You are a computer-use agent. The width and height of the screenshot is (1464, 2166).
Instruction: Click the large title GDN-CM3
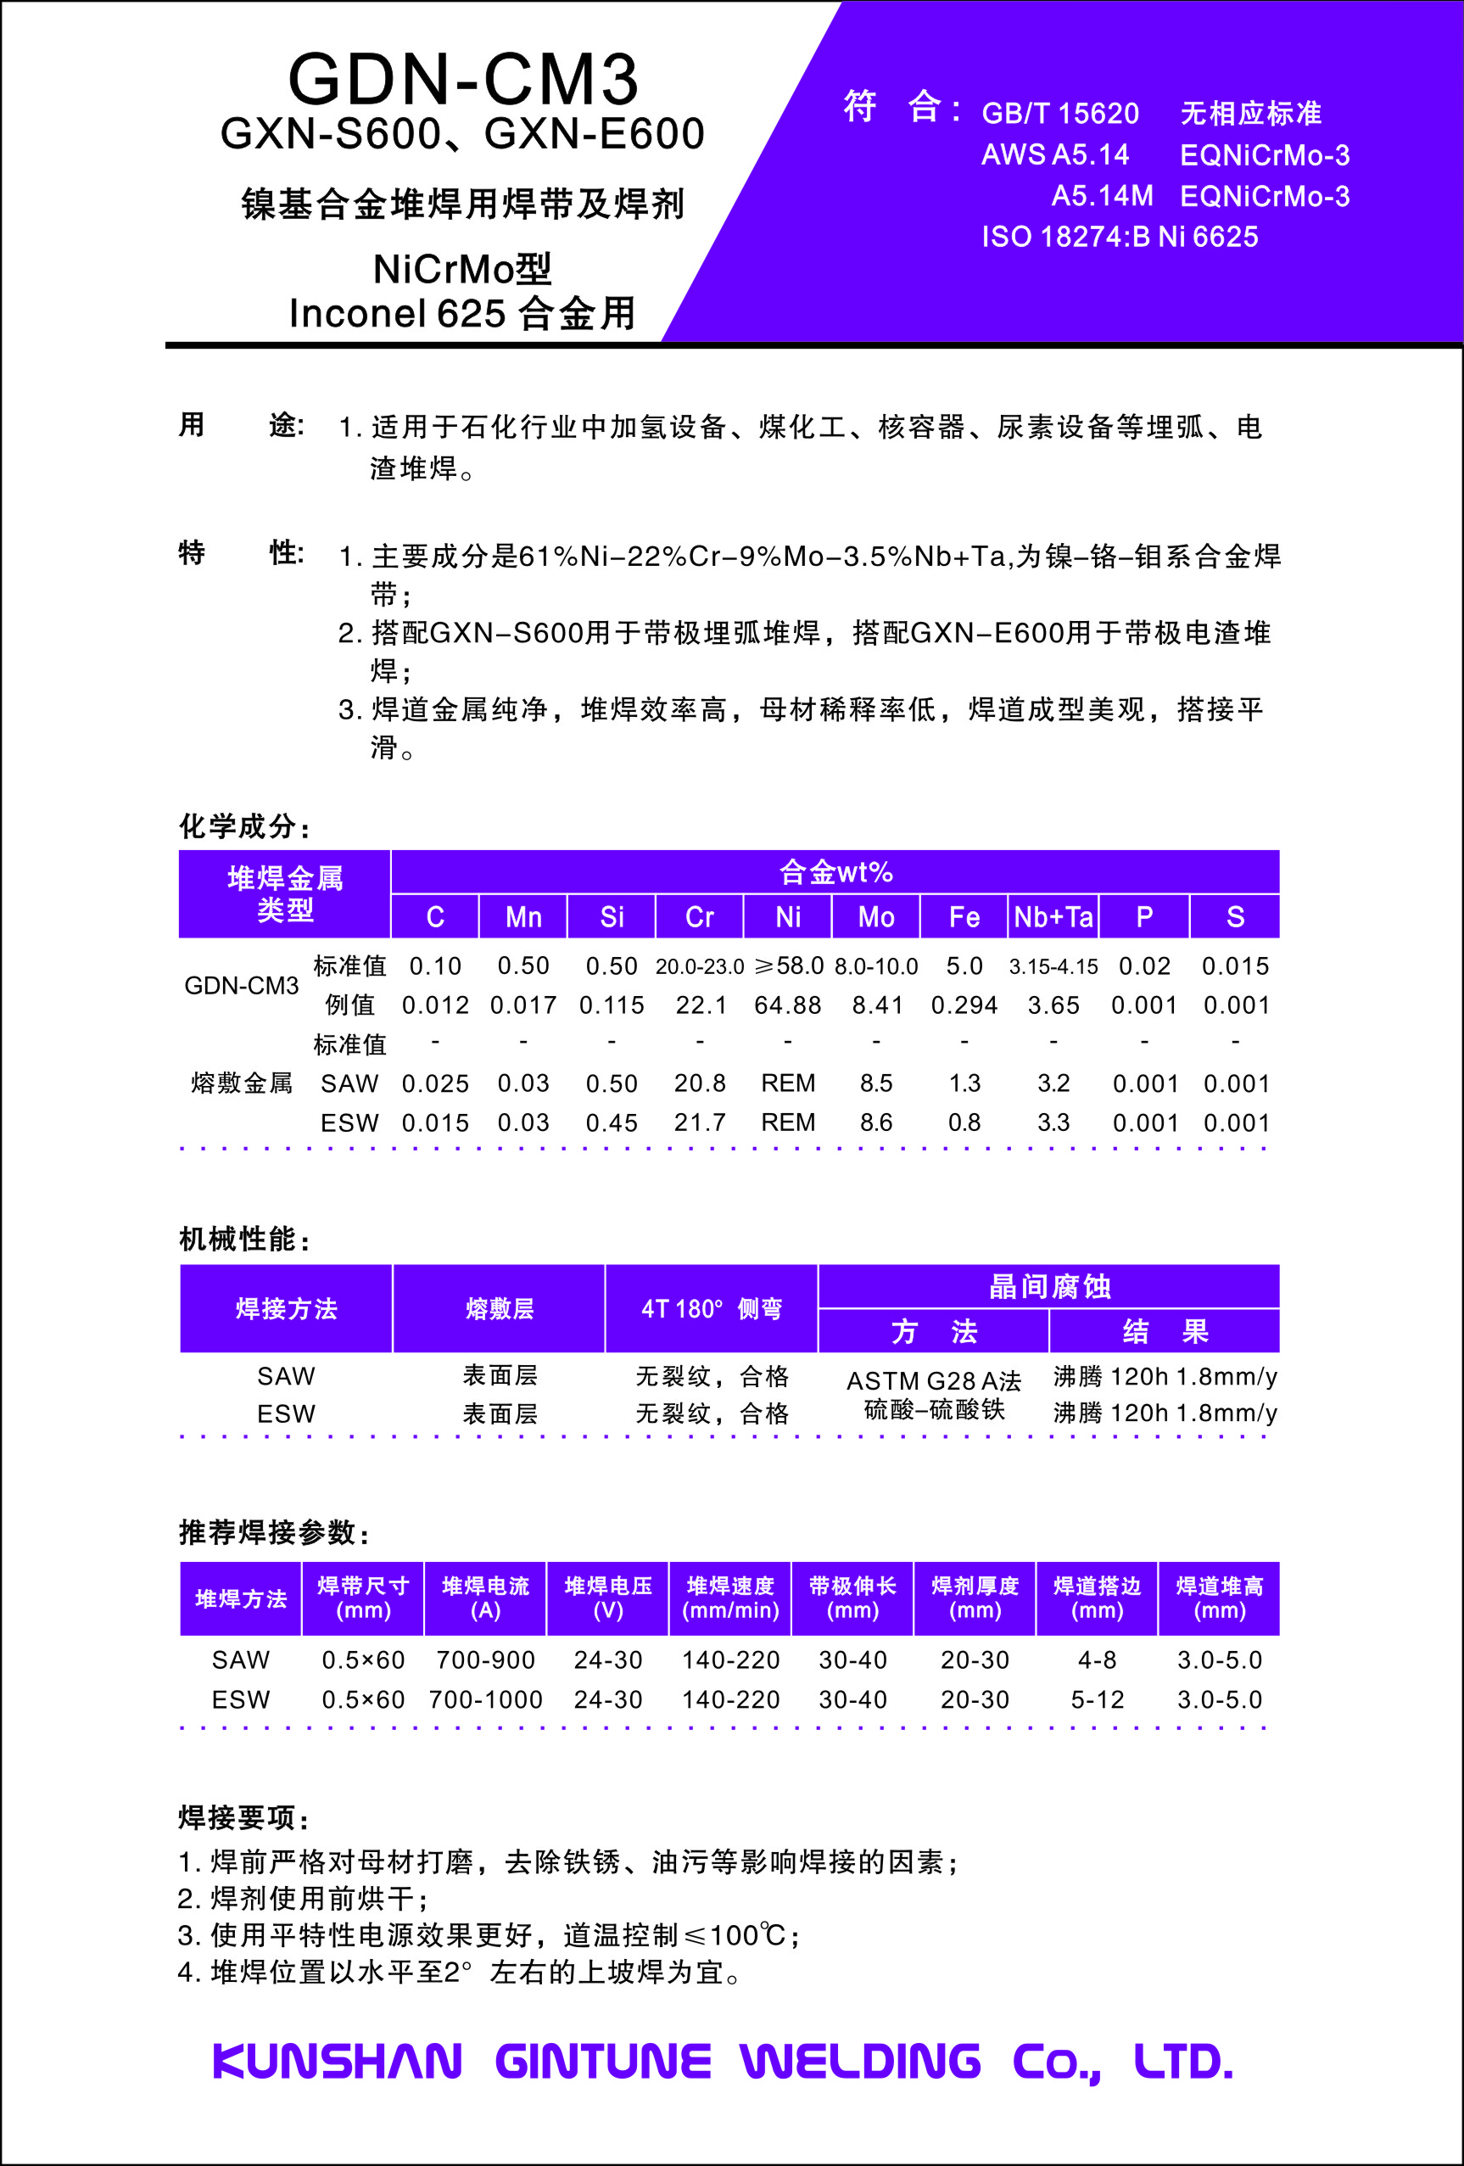pyautogui.click(x=463, y=79)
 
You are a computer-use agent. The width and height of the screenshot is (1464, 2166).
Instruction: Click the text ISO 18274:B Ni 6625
pyautogui.click(x=1119, y=237)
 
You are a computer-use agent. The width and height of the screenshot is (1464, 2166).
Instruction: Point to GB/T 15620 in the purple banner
pyautogui.click(x=1059, y=114)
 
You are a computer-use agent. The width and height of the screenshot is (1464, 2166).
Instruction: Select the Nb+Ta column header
pyautogui.click(x=1053, y=917)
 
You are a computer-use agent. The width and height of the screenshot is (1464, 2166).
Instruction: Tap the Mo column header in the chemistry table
pyautogui.click(x=876, y=917)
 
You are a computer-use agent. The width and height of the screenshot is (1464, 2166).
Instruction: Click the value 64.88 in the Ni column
pyautogui.click(x=787, y=1005)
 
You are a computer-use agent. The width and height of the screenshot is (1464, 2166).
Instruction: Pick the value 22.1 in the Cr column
pyautogui.click(x=700, y=1005)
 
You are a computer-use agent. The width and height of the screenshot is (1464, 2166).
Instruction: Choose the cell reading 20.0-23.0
pyautogui.click(x=700, y=966)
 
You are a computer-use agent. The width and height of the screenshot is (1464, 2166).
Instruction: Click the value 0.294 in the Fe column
pyautogui.click(x=964, y=1005)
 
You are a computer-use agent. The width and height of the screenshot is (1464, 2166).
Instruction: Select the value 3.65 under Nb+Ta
pyautogui.click(x=1053, y=1005)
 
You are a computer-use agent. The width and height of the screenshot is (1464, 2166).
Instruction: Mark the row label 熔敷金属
pyautogui.click(x=242, y=1083)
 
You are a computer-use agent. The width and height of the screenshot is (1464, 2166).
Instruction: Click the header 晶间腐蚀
pyautogui.click(x=1049, y=1287)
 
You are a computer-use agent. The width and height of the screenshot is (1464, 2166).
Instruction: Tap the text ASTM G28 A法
pyautogui.click(x=933, y=1381)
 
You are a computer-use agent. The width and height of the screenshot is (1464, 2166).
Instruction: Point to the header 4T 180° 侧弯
pyautogui.click(x=711, y=1309)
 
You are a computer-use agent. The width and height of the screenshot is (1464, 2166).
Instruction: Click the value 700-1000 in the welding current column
pyautogui.click(x=485, y=1700)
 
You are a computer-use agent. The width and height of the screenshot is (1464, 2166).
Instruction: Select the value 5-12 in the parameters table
pyautogui.click(x=1097, y=1700)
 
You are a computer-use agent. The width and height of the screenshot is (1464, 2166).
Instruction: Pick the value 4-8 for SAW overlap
pyautogui.click(x=1097, y=1659)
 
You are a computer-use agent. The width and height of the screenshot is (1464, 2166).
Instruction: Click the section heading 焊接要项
pyautogui.click(x=243, y=1817)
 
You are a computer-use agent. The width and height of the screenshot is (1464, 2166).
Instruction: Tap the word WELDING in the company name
pyautogui.click(x=860, y=2062)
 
